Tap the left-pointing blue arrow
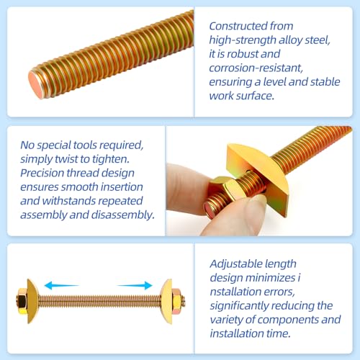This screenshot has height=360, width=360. (61, 286)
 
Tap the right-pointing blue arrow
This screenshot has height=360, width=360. (135, 285)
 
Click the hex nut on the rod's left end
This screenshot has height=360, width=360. (22, 301)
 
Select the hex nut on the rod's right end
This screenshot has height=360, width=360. (177, 302)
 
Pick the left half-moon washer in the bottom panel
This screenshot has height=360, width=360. (32, 301)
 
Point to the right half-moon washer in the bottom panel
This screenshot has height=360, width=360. (166, 302)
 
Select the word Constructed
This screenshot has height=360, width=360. (238, 26)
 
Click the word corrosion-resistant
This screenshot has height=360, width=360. (256, 68)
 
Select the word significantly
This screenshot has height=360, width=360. (239, 306)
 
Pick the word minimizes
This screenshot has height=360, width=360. (271, 278)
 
